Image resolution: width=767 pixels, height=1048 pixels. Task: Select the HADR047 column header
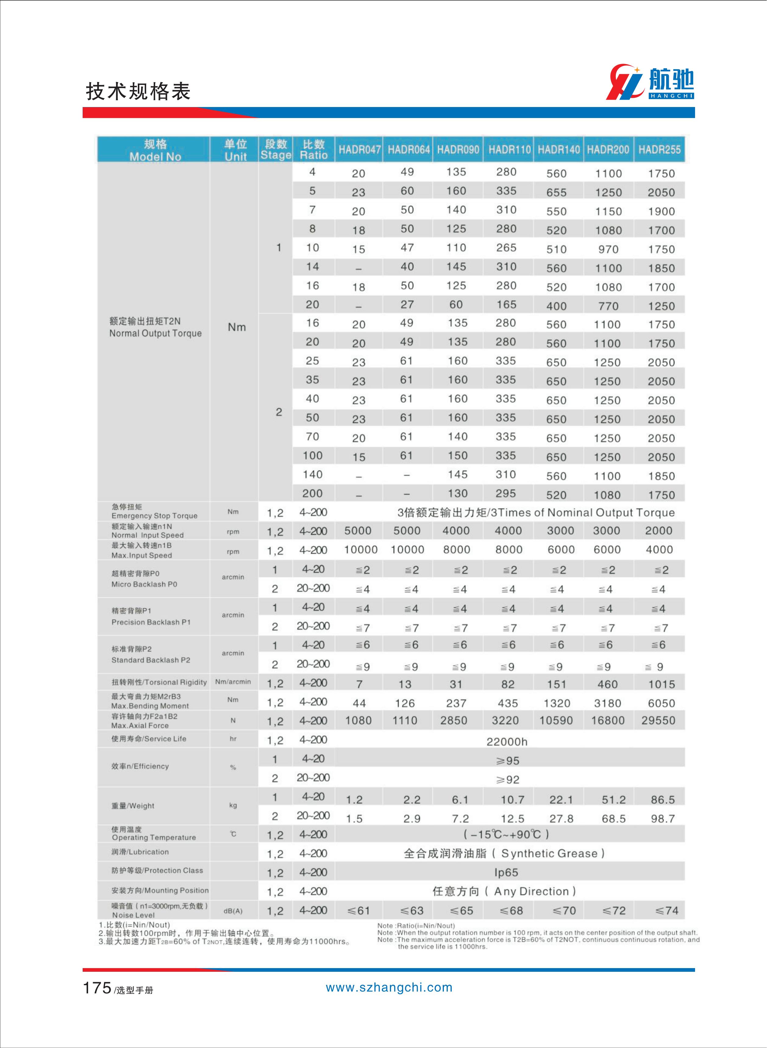coord(359,149)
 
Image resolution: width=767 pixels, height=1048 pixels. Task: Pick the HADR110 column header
coord(509,149)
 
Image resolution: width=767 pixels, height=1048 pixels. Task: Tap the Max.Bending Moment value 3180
coord(607,703)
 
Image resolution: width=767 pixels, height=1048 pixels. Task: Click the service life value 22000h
coord(507,742)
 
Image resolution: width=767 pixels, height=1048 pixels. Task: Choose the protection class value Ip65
coord(506,872)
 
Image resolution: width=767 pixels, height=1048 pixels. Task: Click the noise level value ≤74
coord(667,910)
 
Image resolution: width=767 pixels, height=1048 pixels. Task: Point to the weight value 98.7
coord(662,819)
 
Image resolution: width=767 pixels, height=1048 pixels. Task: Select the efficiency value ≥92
coord(507,780)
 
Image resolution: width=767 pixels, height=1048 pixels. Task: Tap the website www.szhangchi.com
coord(389,988)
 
